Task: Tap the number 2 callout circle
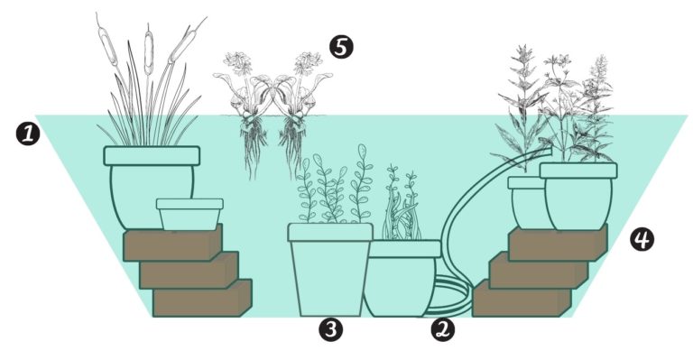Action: point(442,330)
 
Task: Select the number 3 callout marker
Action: point(331,330)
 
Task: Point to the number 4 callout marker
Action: point(642,239)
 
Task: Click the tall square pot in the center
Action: point(329,271)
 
